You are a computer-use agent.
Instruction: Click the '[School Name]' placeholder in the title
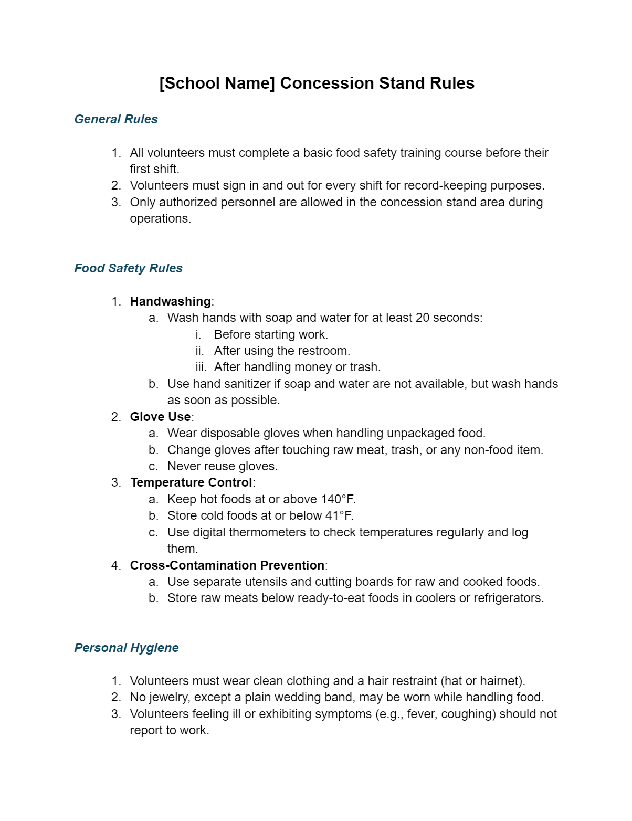[217, 83]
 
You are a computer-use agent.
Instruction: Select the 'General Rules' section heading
[116, 120]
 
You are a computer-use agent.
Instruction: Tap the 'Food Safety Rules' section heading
[128, 269]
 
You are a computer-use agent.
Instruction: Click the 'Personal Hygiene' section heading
[127, 648]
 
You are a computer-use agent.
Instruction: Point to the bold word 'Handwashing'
[171, 302]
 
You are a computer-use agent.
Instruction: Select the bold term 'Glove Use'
[161, 417]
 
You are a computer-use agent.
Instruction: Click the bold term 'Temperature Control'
[192, 483]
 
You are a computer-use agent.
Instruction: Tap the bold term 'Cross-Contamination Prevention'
[227, 566]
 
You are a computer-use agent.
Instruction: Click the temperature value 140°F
[339, 500]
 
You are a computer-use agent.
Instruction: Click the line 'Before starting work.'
[271, 335]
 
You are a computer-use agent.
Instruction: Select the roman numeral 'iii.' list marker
[201, 367]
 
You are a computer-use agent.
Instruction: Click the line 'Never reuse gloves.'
[223, 467]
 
